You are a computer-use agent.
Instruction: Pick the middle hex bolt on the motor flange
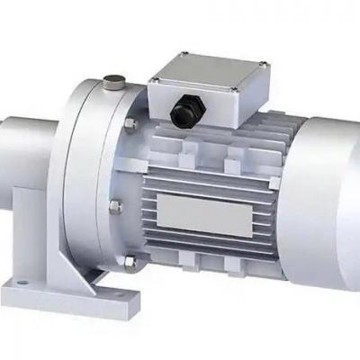pyautogui.click(x=114, y=207)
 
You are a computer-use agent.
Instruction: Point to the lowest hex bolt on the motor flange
pyautogui.click(x=129, y=262)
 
